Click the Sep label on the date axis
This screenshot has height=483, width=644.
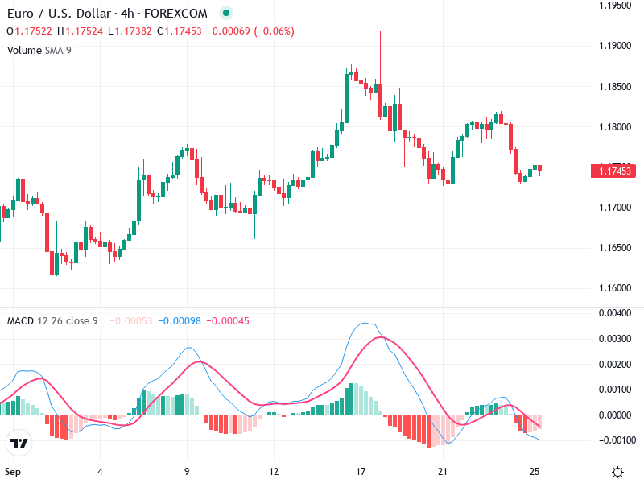point(13,472)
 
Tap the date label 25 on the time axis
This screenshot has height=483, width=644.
point(535,472)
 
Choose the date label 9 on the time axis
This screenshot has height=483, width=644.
point(187,472)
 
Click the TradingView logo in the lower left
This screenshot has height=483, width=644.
point(19,443)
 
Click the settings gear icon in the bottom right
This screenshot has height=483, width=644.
point(617,472)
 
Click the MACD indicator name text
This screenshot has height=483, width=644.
point(20,321)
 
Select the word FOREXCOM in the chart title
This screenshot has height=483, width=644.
point(182,14)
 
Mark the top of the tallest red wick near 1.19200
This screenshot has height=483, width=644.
point(380,31)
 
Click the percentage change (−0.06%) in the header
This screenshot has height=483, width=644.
point(275,31)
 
